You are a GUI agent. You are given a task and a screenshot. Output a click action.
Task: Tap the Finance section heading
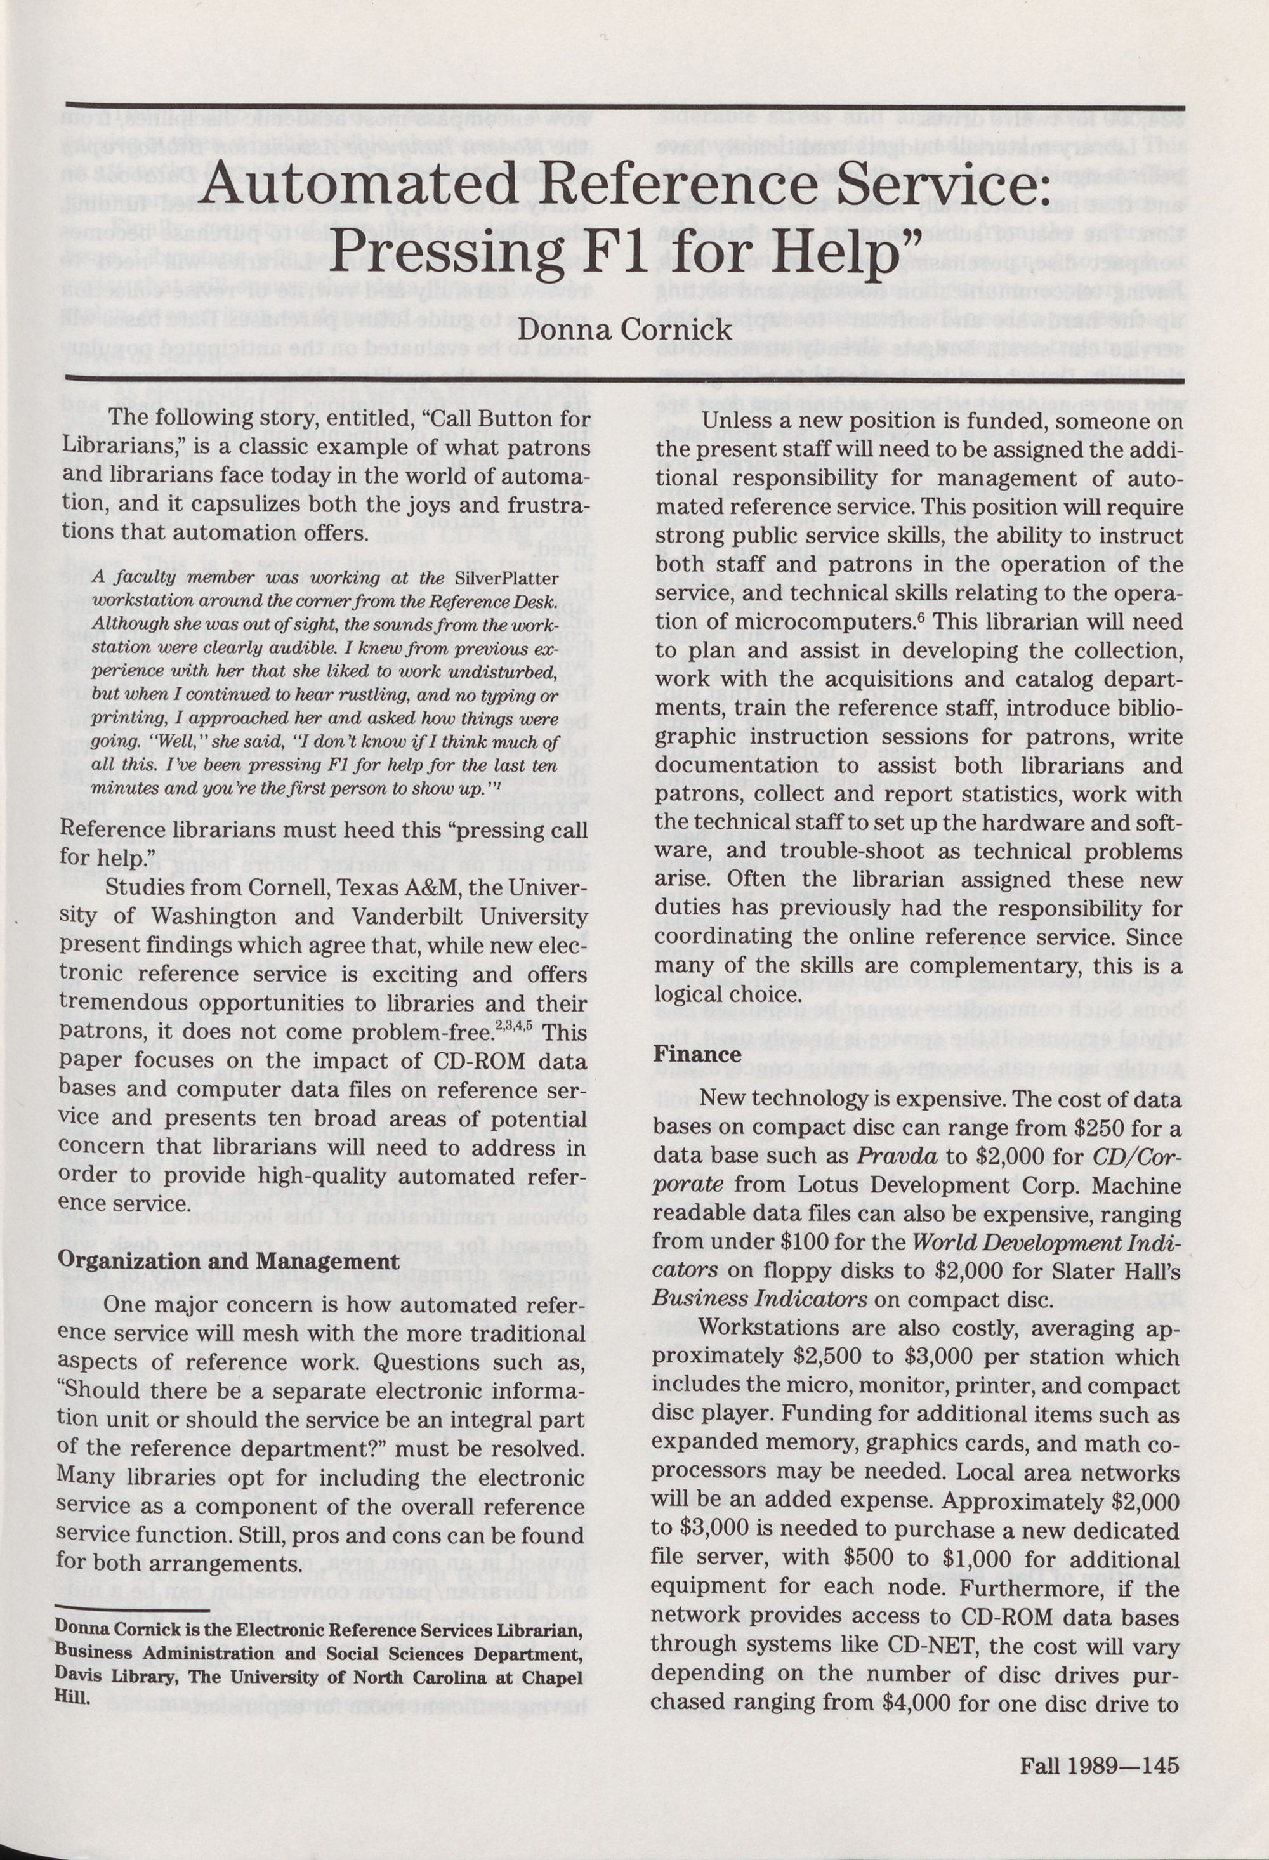point(697,1054)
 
